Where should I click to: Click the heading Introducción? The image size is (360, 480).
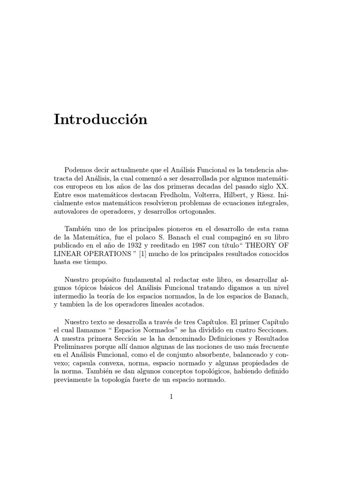tap(100, 120)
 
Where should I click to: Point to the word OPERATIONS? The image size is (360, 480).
tap(103, 254)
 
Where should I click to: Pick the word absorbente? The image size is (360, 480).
tap(234, 355)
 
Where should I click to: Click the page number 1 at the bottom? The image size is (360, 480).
tap(172, 397)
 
